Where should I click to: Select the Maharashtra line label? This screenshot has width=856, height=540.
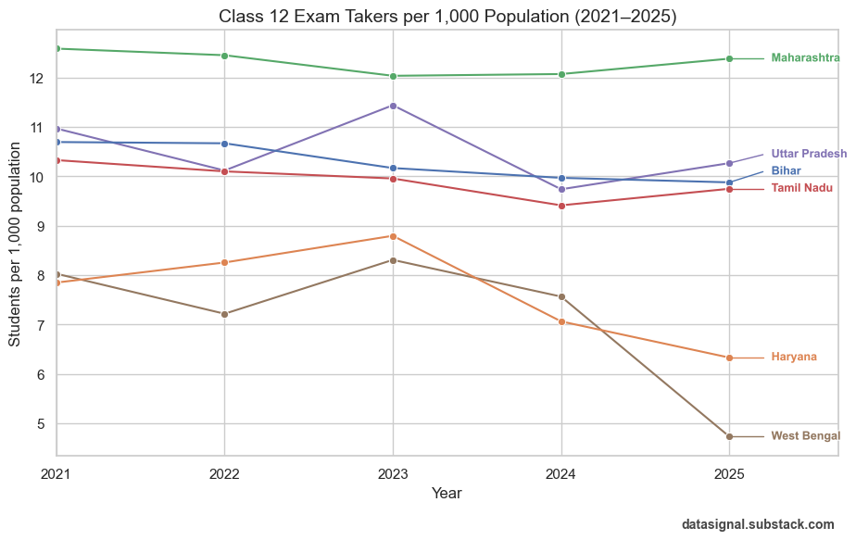point(805,58)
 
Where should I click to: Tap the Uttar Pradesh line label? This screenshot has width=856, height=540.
point(809,154)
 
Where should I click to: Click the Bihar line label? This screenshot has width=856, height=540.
point(786,171)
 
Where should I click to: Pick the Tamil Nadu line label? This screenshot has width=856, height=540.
point(801,189)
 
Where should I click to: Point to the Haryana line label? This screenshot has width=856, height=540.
point(794,358)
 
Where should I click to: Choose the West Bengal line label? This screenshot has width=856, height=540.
point(805,436)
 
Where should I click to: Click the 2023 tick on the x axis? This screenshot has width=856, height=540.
point(393,473)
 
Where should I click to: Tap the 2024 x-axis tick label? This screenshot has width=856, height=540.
point(561,473)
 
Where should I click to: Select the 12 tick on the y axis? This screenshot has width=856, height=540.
point(38,78)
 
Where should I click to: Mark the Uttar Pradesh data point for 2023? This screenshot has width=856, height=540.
point(393,106)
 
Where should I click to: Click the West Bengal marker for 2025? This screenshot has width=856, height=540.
point(729,436)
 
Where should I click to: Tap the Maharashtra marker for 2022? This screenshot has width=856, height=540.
point(224,56)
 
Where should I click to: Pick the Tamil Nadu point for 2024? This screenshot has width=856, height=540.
point(561,206)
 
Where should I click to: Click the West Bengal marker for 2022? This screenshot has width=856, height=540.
point(224,314)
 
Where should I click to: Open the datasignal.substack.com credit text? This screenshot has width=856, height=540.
point(757,524)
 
